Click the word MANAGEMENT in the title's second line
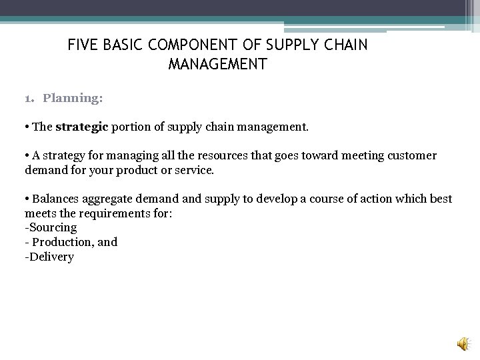pos(218,65)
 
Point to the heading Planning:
pos(73,98)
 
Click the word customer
pos(411,155)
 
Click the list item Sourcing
pos(52,227)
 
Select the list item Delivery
pos(51,257)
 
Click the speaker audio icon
pos(462,343)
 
